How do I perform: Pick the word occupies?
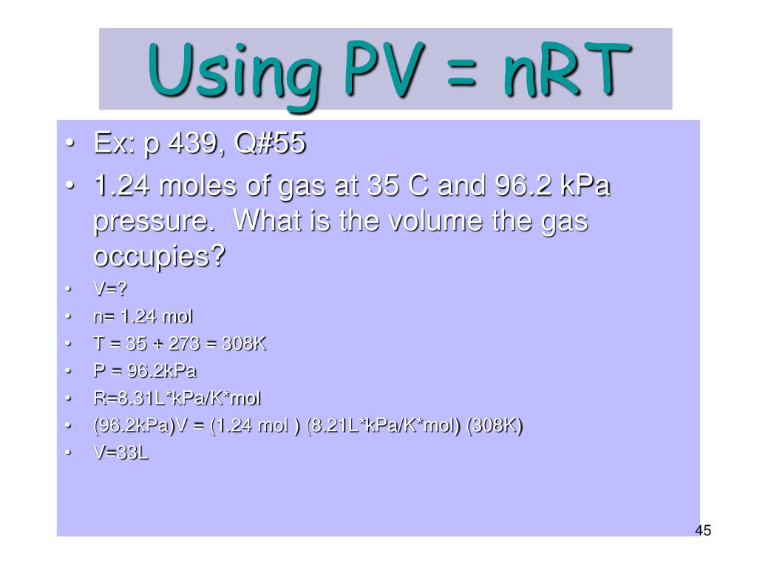click(x=159, y=258)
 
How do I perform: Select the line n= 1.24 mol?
click(x=143, y=317)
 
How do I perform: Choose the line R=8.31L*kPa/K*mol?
click(x=177, y=399)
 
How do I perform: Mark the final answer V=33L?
click(x=120, y=454)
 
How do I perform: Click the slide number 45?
click(x=702, y=531)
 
